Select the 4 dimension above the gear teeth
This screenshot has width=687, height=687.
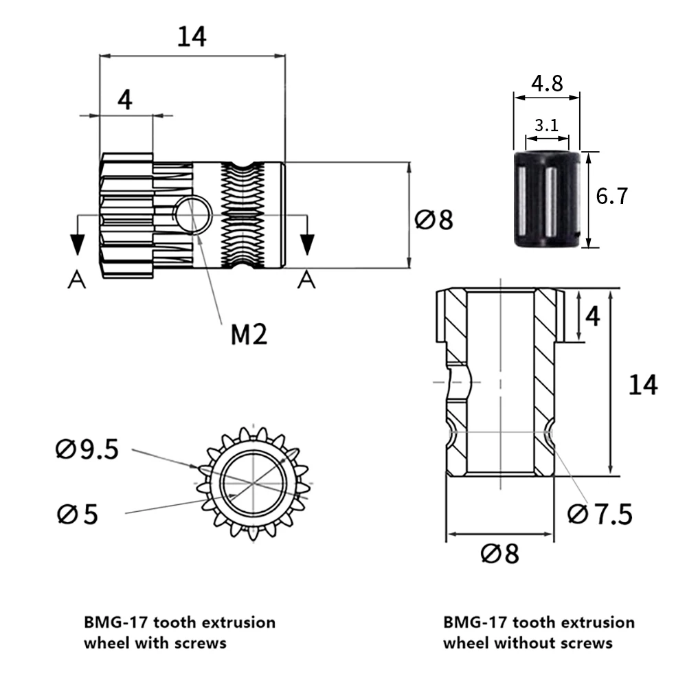pos(124,100)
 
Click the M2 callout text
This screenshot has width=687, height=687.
pos(248,335)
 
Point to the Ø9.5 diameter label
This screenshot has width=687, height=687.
pos(87,450)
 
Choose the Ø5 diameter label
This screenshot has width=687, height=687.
pos(77,514)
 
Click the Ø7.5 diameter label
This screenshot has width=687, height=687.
pos(600,513)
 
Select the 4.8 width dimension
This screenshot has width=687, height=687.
pos(547,84)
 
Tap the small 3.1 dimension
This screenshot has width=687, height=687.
pos(547,125)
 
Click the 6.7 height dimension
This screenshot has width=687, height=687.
pos(612,197)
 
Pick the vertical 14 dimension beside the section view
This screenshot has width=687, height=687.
pos(643,385)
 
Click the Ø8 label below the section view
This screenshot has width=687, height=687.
pos(499,553)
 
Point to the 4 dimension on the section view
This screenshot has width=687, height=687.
pos(592,316)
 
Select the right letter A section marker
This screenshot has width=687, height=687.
pos(307,280)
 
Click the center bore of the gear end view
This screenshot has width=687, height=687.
pos(253,484)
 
